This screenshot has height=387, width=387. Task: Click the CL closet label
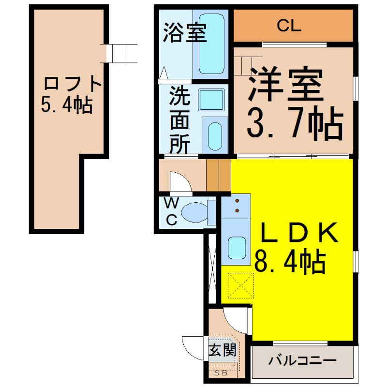(x=289, y=26)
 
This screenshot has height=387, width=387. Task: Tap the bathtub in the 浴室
(x=211, y=44)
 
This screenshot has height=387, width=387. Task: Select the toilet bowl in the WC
(x=195, y=212)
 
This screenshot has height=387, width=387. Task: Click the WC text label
(x=171, y=212)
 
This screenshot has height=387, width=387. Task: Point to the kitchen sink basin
(x=237, y=248)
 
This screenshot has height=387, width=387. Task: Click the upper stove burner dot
(x=237, y=201)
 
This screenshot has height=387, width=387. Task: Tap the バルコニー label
(x=302, y=360)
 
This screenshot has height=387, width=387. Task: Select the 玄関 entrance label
(x=223, y=349)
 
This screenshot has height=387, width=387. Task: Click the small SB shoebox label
(x=221, y=373)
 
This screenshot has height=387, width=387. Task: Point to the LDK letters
(x=299, y=232)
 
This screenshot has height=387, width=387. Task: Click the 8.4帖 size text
(x=290, y=262)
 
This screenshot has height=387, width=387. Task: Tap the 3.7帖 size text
(x=295, y=123)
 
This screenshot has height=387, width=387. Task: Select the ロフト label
(x=73, y=83)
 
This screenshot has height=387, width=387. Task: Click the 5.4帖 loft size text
(x=67, y=104)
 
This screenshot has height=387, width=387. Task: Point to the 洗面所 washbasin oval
(x=215, y=136)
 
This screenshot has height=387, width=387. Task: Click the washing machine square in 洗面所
(x=211, y=100)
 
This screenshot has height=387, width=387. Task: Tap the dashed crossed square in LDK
(x=240, y=285)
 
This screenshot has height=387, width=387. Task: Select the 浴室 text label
(x=185, y=32)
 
